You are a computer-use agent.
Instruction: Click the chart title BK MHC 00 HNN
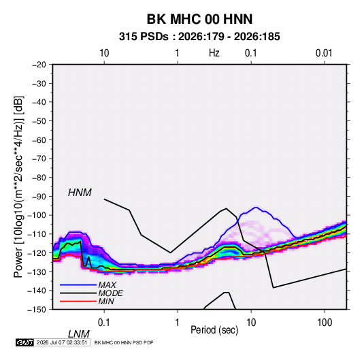tap(199, 19)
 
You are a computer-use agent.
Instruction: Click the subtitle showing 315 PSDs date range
tap(199, 37)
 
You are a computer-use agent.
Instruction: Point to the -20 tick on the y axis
tap(39, 65)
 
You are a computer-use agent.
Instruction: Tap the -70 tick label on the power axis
tap(39, 159)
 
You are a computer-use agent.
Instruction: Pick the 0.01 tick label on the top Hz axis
tap(324, 53)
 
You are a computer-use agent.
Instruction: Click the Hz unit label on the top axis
tap(214, 53)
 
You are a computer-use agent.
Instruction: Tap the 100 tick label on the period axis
tap(325, 323)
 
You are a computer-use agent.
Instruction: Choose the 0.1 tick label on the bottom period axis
tap(103, 323)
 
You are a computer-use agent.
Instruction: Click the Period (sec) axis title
tap(214, 330)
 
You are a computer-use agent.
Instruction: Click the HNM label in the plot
tap(80, 193)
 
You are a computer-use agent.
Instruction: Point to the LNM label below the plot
tap(78, 334)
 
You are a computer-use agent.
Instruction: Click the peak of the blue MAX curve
tap(256, 208)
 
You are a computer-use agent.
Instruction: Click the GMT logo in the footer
tap(25, 342)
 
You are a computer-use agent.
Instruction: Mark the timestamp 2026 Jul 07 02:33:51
tap(62, 342)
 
